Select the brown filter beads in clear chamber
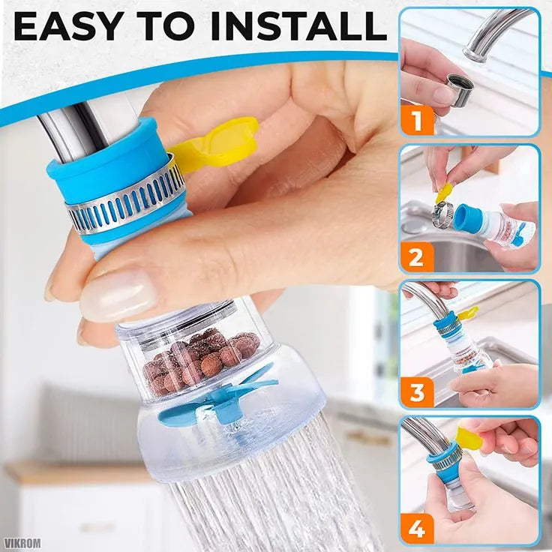point(199,360)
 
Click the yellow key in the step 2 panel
point(444,193)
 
